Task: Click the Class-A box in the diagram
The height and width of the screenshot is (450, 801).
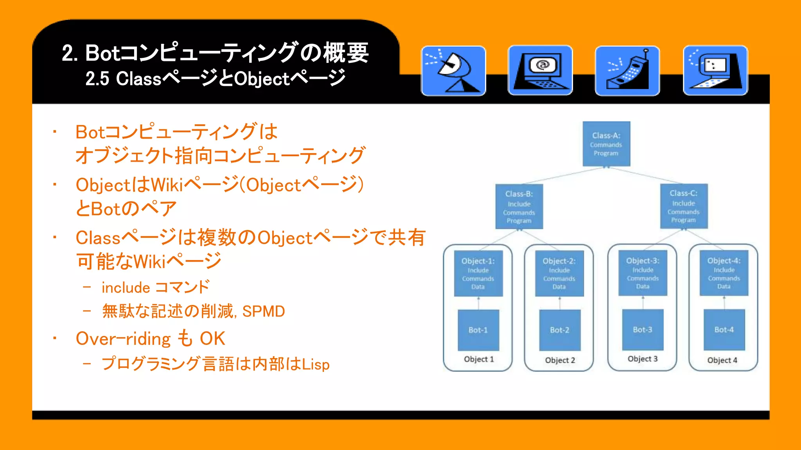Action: pos(606,144)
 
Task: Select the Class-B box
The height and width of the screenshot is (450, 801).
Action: pos(519,207)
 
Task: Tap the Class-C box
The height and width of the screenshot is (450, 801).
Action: pos(684,206)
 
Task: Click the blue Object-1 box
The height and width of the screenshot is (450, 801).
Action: pos(478,273)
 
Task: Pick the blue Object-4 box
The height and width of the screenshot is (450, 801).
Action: pos(724,273)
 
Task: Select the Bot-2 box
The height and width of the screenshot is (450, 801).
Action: pos(559,330)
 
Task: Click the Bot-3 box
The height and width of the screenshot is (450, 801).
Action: pos(643,330)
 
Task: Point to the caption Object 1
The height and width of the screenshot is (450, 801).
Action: pos(479,359)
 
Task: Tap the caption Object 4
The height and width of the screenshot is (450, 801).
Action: pos(722,360)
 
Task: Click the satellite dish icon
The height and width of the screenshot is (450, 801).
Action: pos(453,71)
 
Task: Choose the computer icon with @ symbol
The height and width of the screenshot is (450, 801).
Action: pos(540,71)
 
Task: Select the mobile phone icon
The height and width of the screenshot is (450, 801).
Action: pos(627,71)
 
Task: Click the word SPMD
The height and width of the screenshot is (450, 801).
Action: pos(263,311)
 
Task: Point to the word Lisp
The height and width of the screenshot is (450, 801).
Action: pos(315,364)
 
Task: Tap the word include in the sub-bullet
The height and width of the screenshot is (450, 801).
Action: pos(126,288)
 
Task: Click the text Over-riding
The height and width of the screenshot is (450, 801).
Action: pos(123,339)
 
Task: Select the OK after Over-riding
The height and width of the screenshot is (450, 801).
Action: pos(212,339)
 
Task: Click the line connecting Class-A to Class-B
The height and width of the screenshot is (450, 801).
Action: pos(563,175)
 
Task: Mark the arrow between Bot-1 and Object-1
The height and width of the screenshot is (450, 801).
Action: pos(478,303)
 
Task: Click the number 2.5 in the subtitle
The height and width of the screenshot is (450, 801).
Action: pos(97,79)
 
